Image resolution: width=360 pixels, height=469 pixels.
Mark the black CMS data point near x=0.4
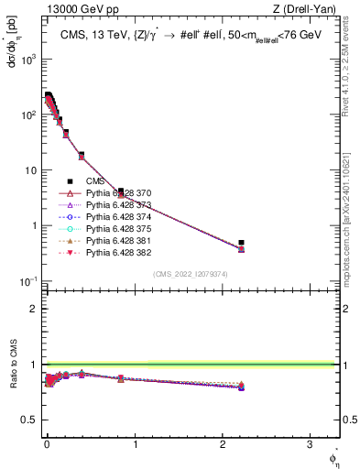(82, 155)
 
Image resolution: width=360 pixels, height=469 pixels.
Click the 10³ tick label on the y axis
(29, 59)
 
